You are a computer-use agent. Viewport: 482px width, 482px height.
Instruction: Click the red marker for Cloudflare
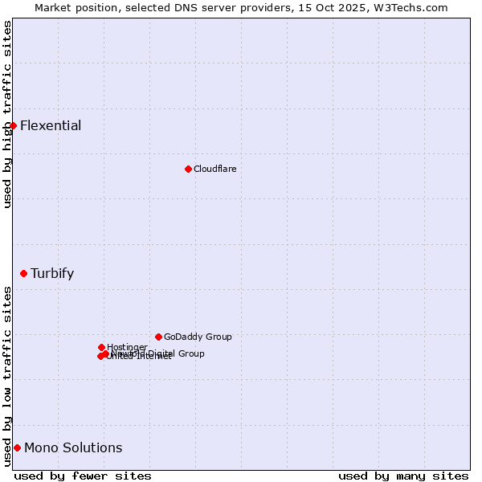click(x=188, y=169)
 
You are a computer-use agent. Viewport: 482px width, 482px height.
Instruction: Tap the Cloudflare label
click(x=215, y=169)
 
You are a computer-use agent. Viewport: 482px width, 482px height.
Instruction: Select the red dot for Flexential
click(x=13, y=125)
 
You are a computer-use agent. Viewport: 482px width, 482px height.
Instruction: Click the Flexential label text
click(x=51, y=125)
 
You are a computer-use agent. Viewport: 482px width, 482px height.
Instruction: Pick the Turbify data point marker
click(x=23, y=273)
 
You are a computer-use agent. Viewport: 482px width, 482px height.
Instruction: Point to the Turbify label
click(x=52, y=273)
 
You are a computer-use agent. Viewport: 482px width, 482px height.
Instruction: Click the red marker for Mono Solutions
click(x=17, y=447)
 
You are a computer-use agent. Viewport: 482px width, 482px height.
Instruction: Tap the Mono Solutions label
click(x=73, y=447)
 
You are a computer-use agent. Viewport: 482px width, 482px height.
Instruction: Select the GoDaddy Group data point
click(x=158, y=337)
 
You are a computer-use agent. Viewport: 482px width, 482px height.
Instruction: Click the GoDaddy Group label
click(x=198, y=337)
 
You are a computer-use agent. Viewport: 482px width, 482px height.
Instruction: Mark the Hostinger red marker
click(x=101, y=347)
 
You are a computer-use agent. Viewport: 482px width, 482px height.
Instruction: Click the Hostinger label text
click(x=127, y=347)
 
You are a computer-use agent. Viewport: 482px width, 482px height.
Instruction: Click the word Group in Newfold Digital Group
click(x=191, y=353)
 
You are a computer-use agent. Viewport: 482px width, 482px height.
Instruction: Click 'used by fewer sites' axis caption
click(x=83, y=476)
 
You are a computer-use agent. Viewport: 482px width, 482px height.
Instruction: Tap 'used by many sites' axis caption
click(x=403, y=476)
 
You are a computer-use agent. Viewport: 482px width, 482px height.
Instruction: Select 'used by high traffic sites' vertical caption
click(x=8, y=114)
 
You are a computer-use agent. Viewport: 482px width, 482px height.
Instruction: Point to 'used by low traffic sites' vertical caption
click(x=8, y=376)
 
